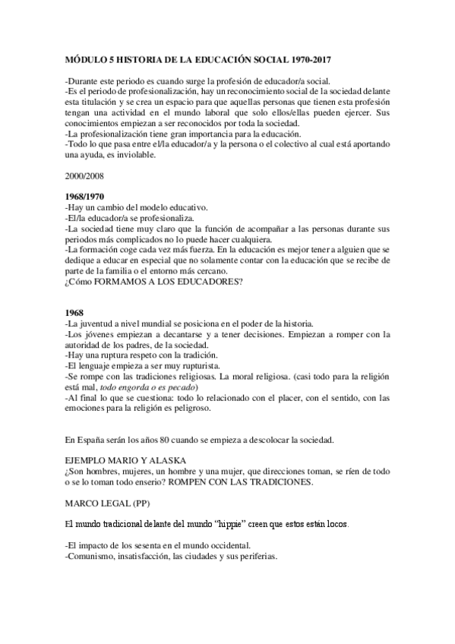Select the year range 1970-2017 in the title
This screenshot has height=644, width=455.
click(x=311, y=58)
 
